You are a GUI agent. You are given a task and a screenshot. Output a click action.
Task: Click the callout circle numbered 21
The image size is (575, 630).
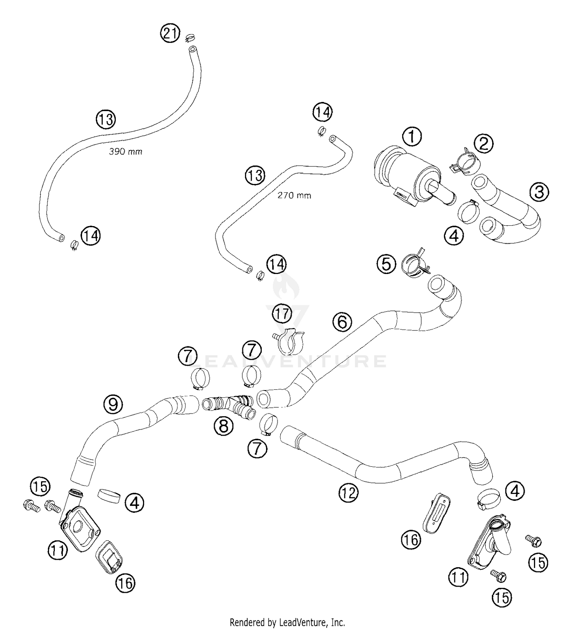[170, 34]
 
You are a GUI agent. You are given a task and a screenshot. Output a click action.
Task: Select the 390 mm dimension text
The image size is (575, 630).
[125, 152]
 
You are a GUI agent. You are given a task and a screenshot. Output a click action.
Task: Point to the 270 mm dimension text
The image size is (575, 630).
[294, 195]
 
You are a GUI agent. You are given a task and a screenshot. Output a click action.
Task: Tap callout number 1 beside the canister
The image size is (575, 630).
[412, 136]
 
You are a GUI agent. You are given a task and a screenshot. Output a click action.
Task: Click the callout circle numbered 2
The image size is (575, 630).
[483, 144]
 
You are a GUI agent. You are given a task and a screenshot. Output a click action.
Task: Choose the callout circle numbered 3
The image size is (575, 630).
[539, 192]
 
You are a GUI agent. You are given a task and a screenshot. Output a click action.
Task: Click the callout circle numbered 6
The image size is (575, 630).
[342, 322]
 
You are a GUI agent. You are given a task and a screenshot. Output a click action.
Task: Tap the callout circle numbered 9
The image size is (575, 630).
[113, 404]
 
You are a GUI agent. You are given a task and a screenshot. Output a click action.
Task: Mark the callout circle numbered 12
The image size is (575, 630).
[348, 493]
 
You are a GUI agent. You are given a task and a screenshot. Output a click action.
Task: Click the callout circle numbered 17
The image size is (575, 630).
[282, 314]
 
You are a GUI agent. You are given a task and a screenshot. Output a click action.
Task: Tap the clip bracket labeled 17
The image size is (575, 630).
[290, 340]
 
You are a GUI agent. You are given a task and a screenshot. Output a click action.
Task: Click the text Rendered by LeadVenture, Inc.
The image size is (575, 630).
[287, 622]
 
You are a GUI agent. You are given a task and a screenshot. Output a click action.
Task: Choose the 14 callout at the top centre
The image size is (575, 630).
[322, 113]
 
